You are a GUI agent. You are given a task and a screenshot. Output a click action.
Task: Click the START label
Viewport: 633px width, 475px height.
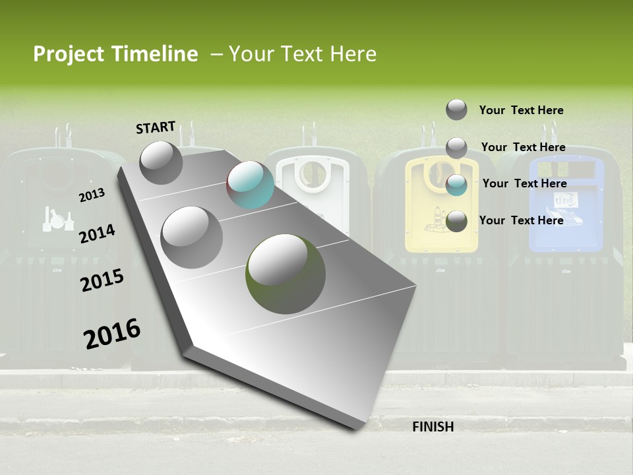(156, 127)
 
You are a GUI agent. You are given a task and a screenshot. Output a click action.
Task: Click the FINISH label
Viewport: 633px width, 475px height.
(433, 427)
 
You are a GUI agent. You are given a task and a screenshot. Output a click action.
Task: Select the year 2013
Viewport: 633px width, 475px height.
(92, 195)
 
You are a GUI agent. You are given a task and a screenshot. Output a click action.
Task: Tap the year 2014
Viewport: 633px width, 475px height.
(97, 234)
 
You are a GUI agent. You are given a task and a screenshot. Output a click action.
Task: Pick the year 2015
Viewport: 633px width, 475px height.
(102, 280)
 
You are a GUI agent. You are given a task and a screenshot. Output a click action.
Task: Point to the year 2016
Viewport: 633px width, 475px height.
(112, 333)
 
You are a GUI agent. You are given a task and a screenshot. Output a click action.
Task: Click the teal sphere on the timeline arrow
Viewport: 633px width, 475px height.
(250, 185)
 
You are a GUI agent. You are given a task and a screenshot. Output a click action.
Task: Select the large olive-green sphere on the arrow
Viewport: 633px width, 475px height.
(286, 273)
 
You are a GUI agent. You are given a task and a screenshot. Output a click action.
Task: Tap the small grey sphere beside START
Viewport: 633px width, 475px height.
(161, 162)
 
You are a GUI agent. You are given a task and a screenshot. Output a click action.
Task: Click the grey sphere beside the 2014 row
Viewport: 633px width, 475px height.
(191, 237)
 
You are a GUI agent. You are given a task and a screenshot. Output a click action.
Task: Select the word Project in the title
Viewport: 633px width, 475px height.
(67, 54)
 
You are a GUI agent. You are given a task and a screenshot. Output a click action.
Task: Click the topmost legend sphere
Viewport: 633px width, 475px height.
(456, 110)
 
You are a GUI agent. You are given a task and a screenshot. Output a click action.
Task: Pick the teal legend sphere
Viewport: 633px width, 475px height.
(456, 185)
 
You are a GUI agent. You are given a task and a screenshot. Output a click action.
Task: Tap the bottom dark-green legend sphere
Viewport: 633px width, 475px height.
(456, 222)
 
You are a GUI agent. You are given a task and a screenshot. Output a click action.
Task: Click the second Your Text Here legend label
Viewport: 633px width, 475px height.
(523, 147)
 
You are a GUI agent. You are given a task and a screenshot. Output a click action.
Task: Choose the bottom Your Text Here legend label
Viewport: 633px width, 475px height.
(521, 220)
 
